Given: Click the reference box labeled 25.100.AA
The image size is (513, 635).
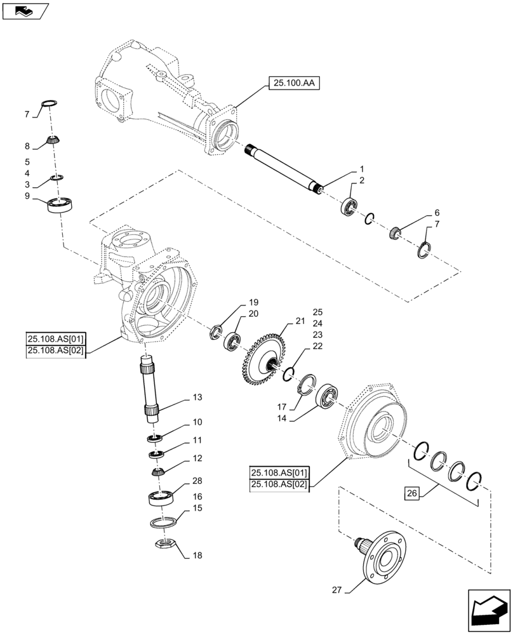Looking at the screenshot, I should (x=293, y=83).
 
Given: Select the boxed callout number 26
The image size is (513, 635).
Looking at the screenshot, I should (x=410, y=492).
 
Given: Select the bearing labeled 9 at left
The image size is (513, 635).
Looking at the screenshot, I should (x=62, y=205).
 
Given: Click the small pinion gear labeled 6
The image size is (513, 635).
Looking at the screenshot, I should (x=395, y=233).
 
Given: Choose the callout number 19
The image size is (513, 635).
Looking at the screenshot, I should (x=236, y=302).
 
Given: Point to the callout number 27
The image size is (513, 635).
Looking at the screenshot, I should (x=336, y=591).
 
